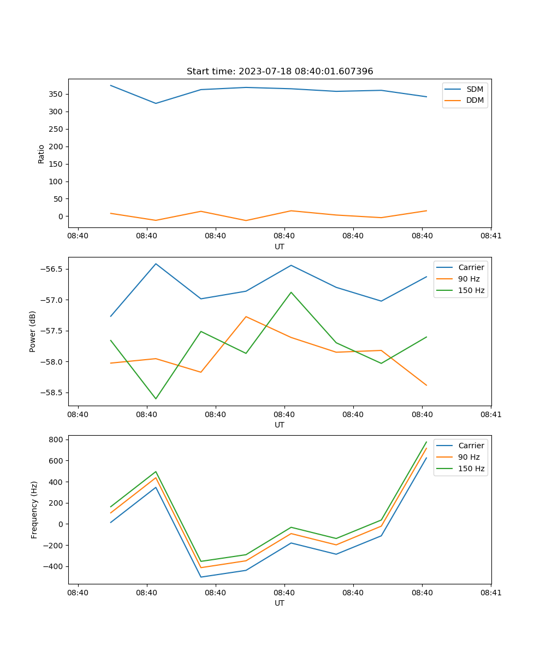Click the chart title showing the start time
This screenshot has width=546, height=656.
[280, 72]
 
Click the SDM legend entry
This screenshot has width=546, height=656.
[474, 89]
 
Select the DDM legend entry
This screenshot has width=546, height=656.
[474, 101]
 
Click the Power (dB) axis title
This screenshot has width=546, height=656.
[33, 331]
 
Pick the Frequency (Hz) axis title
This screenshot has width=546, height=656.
[34, 509]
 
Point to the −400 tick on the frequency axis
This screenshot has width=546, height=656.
[54, 566]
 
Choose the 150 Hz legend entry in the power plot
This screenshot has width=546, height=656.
[471, 291]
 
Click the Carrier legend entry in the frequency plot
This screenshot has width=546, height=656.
[471, 446]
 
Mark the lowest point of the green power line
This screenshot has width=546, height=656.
[156, 399]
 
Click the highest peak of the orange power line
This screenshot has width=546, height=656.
[246, 317]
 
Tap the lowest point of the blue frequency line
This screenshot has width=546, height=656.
[201, 577]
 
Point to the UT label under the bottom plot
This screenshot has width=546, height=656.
[280, 603]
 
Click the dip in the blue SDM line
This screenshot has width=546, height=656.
[156, 103]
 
